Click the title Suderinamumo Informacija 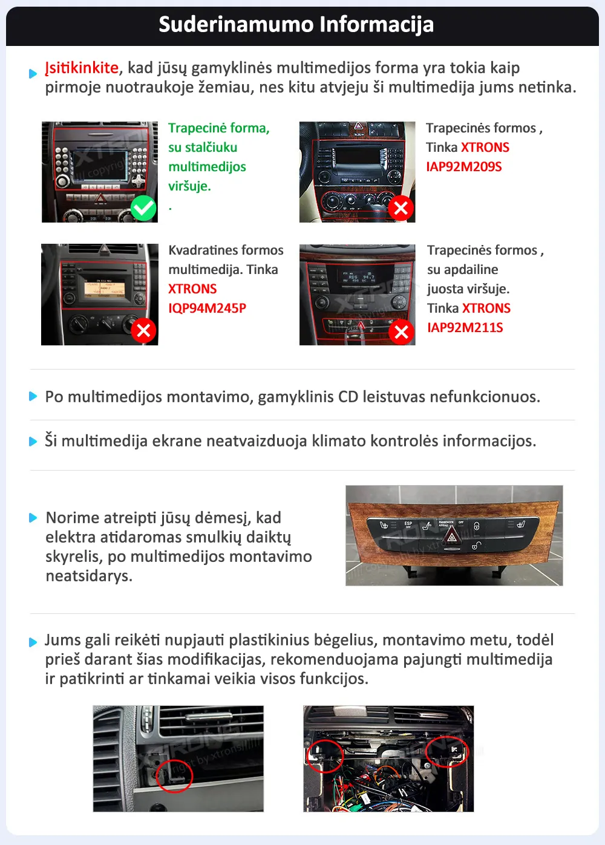(296, 25)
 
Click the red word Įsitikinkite (82, 68)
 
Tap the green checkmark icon (143, 209)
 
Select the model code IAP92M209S (463, 167)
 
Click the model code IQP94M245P (207, 308)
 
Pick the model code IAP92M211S (465, 328)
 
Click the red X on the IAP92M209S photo (401, 209)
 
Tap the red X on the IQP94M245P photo (143, 330)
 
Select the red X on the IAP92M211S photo (401, 331)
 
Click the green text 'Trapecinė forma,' (218, 128)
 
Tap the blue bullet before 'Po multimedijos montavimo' (33, 397)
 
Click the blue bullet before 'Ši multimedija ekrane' (33, 442)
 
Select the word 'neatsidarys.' (89, 576)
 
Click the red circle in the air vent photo (174, 775)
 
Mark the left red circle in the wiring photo (324, 755)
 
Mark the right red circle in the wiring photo (447, 751)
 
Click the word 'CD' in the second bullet (348, 397)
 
